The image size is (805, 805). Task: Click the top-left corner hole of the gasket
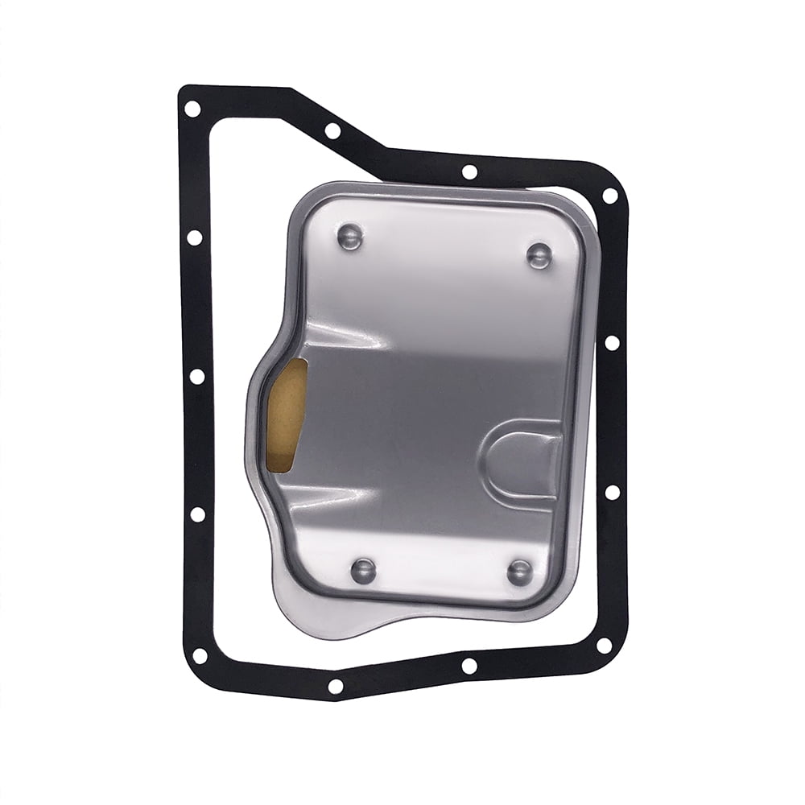coord(192,109)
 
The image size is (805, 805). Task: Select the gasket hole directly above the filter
coord(469,171)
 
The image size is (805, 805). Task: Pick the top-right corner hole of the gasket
coord(610,196)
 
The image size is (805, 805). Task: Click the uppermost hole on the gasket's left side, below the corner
coord(194,237)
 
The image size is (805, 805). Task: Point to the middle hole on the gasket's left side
coord(196,376)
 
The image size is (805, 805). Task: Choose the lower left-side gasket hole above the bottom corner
coord(196,514)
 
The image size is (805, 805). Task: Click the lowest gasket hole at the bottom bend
coord(335,686)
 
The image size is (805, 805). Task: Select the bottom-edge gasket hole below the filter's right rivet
coord(469,666)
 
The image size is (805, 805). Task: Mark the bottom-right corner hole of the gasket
coord(604,645)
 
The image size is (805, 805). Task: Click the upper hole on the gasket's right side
coord(612,342)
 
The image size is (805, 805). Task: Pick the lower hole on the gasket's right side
coord(612,492)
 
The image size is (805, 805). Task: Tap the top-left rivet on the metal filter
coord(349,237)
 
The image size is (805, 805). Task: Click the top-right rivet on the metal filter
coord(539,255)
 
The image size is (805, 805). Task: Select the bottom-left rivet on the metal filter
coord(363,571)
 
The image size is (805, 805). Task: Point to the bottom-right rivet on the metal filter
coord(520,572)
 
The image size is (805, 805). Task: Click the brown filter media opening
coord(287,415)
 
